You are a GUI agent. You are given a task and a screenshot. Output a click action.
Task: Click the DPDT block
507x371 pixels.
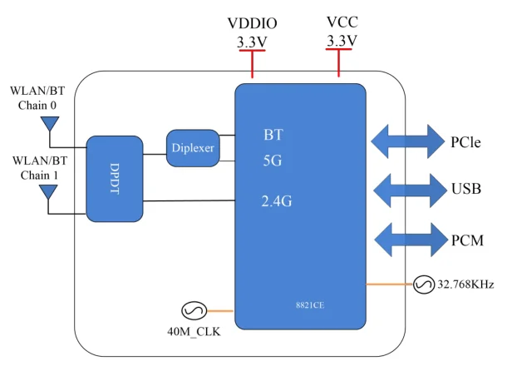tap(115, 178)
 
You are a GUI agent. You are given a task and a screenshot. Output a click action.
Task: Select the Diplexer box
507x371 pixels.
tap(192, 147)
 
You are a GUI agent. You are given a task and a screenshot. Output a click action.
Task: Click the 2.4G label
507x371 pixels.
tap(277, 200)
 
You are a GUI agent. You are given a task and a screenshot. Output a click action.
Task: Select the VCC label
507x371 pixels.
tap(341, 22)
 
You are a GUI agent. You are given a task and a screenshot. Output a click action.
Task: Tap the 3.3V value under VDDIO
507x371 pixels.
tap(251, 41)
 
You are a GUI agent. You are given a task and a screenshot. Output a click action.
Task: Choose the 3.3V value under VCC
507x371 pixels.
tap(341, 41)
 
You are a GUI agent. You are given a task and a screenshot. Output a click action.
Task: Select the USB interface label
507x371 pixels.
tap(466, 190)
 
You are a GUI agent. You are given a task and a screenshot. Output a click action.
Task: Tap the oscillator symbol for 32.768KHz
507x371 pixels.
tap(422, 285)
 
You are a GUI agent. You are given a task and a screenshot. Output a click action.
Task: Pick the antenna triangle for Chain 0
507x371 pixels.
tap(49, 125)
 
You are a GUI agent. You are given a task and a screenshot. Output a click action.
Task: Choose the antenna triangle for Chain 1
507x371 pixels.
tap(49, 192)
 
